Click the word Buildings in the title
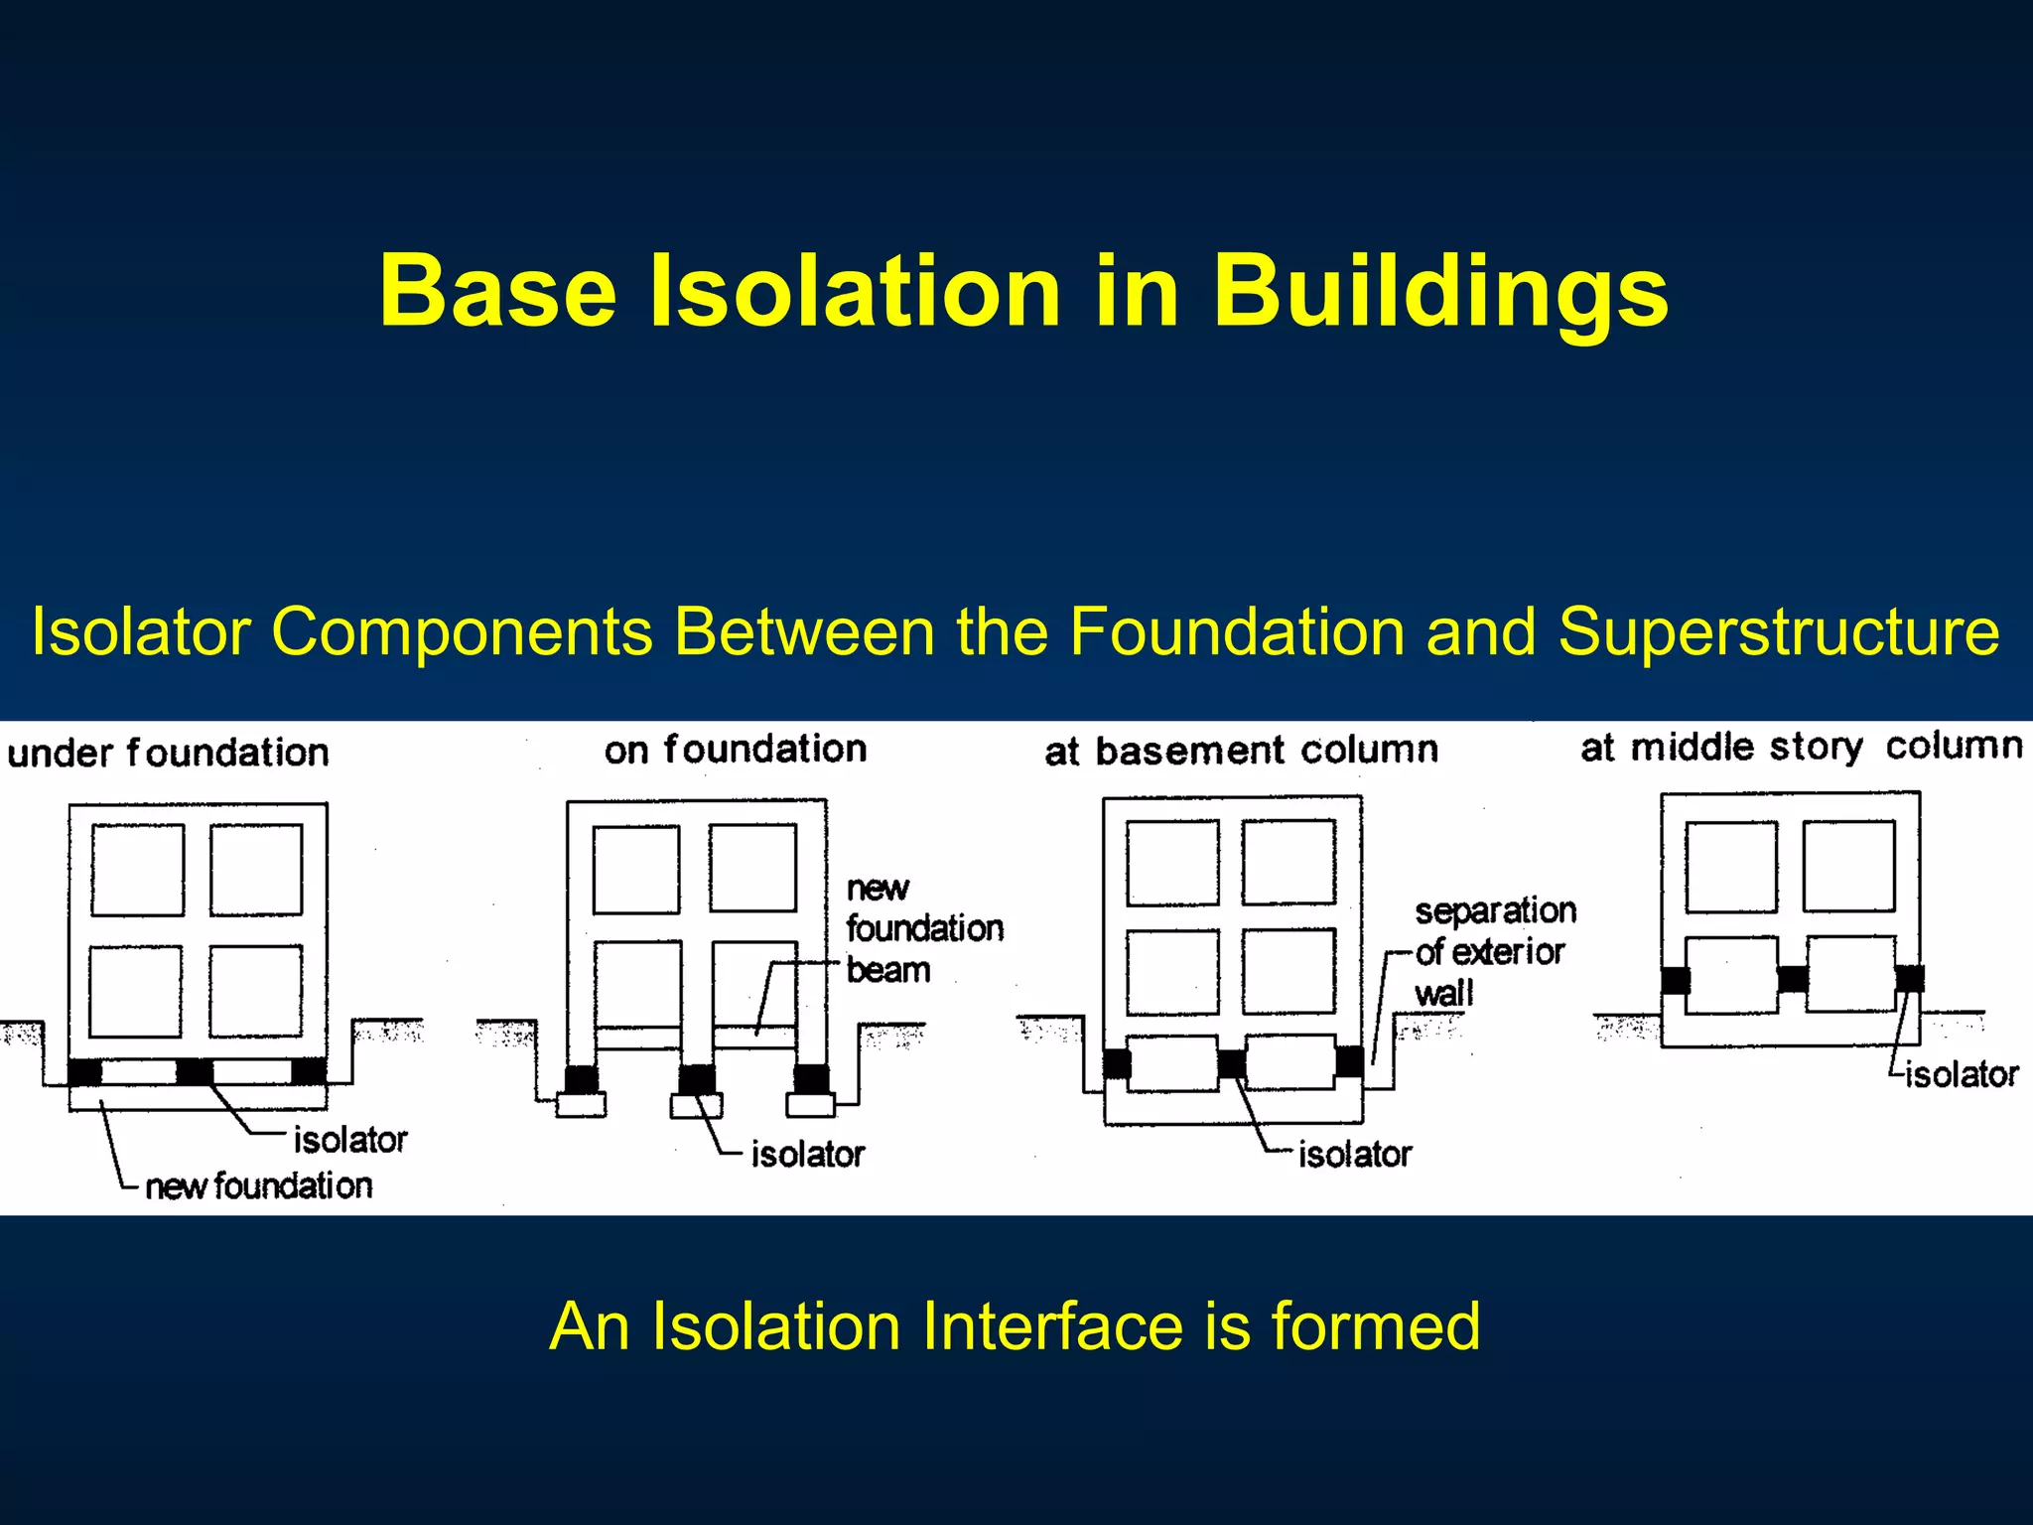tap(1439, 291)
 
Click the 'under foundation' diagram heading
tap(168, 753)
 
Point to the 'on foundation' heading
tap(736, 750)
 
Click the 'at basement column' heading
tap(1241, 751)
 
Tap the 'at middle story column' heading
tap(1801, 747)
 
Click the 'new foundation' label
tap(258, 1185)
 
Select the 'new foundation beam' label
tap(923, 928)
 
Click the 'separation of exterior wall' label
tap(1493, 951)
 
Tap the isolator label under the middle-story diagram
tap(1961, 1074)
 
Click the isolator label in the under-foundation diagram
tap(349, 1140)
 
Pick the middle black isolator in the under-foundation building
tap(194, 1071)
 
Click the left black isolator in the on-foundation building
tap(581, 1079)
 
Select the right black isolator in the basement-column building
tap(1349, 1061)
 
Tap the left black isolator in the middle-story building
tap(1676, 980)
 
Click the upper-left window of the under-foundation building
tap(138, 870)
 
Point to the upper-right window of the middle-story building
tap(1848, 866)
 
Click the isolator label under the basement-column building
tap(1354, 1155)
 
